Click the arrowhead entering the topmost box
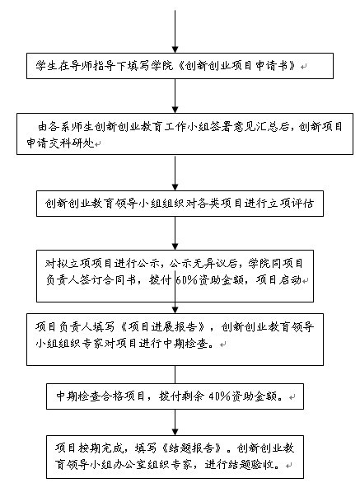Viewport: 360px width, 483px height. tap(175, 49)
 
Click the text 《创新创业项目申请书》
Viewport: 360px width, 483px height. tap(236, 66)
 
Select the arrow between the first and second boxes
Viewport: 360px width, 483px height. tap(175, 96)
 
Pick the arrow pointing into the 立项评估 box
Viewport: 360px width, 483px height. tap(175, 173)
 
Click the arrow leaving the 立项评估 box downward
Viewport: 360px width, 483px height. tap(175, 233)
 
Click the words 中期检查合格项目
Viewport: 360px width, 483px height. tap(101, 396)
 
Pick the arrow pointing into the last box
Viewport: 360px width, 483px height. tap(175, 422)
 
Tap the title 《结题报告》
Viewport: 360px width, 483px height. tap(192, 448)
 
